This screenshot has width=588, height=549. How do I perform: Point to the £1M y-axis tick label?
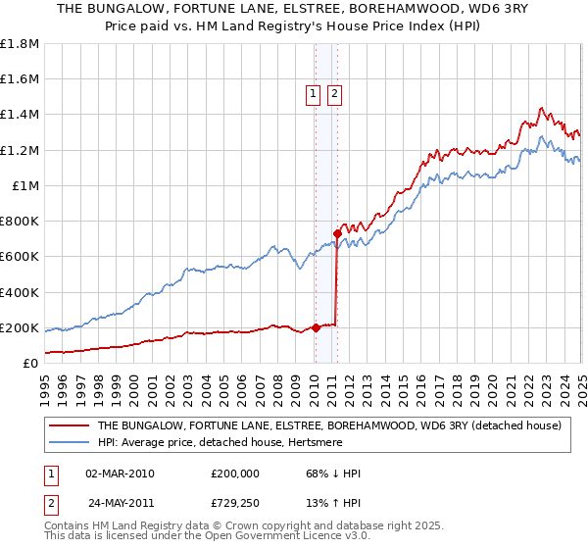[26, 185]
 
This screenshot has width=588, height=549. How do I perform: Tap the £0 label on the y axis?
[31, 363]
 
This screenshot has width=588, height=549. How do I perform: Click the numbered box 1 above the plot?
[313, 94]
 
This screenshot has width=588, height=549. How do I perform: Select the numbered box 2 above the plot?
[334, 94]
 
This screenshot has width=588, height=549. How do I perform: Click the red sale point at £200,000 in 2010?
[316, 327]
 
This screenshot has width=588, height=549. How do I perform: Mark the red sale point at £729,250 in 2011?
[337, 233]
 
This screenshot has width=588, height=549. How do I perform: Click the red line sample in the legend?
[69, 425]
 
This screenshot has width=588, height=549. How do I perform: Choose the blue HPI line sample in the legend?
[69, 443]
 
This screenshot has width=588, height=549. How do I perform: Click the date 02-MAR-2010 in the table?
[120, 474]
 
